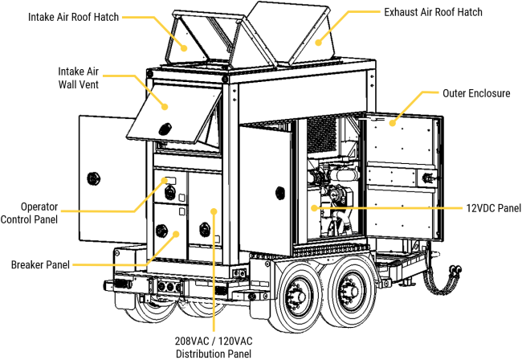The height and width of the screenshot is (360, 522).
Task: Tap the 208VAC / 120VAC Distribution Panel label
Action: [x=214, y=346]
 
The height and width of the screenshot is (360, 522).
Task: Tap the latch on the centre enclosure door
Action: [x=280, y=193]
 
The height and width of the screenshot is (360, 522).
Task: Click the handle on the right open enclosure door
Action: [x=427, y=177]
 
